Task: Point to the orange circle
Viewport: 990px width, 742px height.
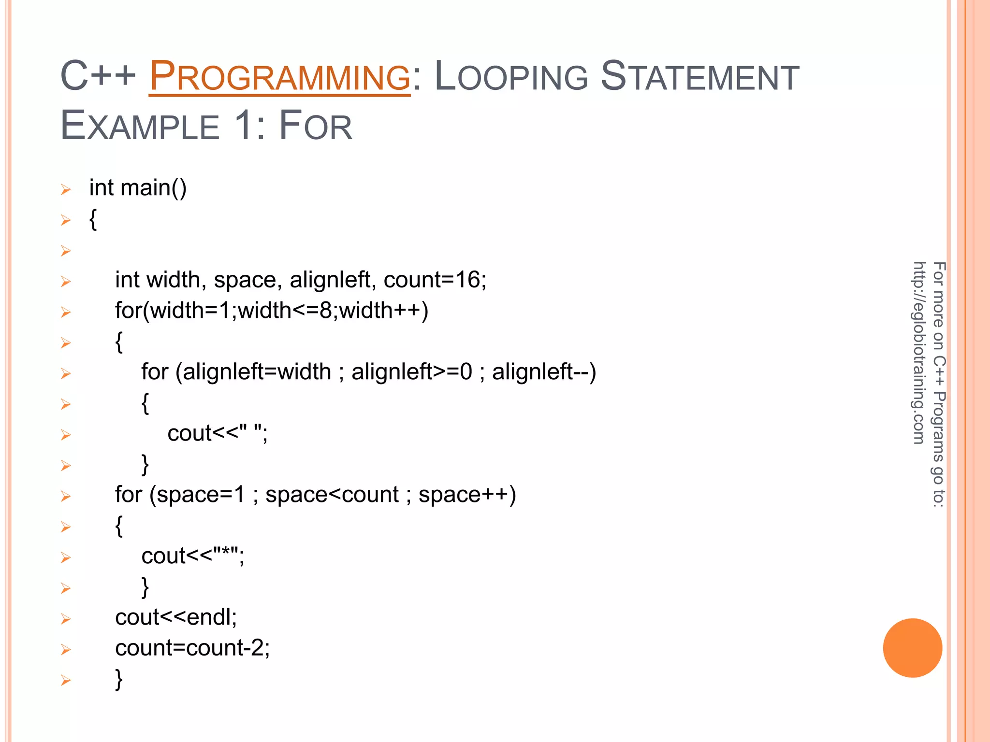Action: click(912, 648)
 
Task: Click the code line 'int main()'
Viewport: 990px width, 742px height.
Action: click(138, 188)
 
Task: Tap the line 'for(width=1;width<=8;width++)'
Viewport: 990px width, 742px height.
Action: click(272, 311)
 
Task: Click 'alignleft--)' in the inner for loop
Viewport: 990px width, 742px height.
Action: click(544, 372)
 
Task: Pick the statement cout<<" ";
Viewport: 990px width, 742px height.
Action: click(218, 433)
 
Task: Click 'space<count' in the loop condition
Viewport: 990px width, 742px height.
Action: click(332, 495)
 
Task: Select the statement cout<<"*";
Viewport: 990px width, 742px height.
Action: click(193, 556)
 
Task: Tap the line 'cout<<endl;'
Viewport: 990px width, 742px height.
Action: click(176, 617)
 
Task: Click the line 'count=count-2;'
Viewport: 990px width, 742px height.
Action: click(192, 648)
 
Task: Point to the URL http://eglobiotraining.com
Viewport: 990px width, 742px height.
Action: click(919, 353)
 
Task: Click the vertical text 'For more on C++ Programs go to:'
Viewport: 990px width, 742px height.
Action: click(938, 384)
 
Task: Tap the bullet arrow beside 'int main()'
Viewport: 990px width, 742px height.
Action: click(66, 189)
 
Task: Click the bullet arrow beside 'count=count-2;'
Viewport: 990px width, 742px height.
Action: click(66, 650)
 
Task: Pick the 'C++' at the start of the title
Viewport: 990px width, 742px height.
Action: click(98, 76)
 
